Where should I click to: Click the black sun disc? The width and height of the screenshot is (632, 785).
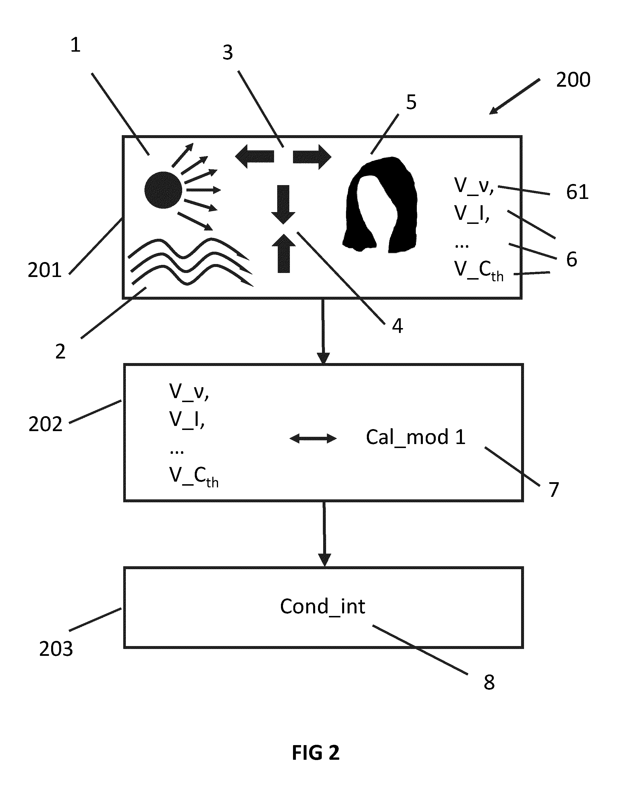coord(163,190)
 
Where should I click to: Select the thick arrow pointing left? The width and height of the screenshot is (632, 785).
coord(255,156)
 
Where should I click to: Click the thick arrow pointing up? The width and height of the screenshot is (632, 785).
coord(284,253)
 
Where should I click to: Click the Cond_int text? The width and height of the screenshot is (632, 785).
coord(323,606)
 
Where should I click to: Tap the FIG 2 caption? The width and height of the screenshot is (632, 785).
coord(316,753)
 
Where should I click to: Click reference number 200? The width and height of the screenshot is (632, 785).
coord(573,80)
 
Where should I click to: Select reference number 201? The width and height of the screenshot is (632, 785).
coord(45,270)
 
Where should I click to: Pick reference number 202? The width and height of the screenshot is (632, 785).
coord(46,424)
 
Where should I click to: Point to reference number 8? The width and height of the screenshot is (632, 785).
coord(489,682)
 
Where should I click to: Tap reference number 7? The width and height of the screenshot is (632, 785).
coord(554,490)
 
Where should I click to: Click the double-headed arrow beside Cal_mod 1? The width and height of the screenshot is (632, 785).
coord(313,438)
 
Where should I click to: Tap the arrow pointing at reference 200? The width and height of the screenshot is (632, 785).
coord(514,96)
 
